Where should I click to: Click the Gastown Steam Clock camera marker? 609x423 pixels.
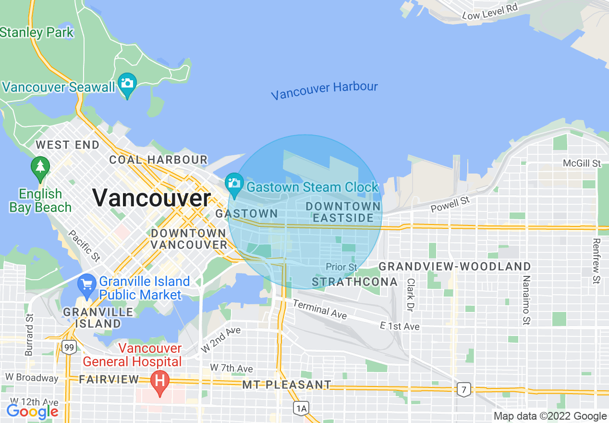[x=234, y=184]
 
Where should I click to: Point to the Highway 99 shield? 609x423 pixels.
[x=69, y=347]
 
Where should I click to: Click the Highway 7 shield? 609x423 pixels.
[x=464, y=390]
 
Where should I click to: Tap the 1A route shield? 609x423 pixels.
[x=301, y=409]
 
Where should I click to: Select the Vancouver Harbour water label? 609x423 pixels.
[x=324, y=90]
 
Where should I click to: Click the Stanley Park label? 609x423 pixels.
[x=37, y=33]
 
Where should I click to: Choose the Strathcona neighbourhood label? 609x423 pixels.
[x=354, y=282]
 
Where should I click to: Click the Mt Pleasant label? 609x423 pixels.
[x=287, y=385]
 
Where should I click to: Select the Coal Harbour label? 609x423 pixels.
[x=158, y=160]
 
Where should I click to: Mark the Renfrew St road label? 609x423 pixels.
[x=597, y=261]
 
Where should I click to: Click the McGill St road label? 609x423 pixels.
[x=582, y=163]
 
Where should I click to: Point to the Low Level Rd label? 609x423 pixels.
[x=491, y=12]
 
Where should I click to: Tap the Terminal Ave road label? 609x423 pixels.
[x=319, y=310]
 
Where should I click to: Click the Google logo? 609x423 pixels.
[x=32, y=411]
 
